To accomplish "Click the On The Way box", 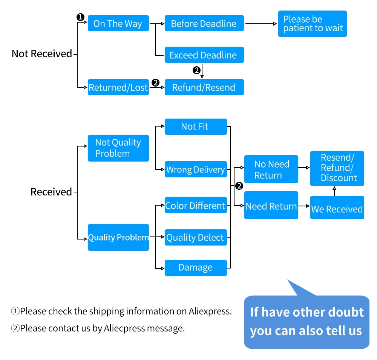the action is pos(118,23).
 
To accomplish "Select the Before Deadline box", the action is pos(204,23).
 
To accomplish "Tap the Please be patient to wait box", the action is pos(312,24).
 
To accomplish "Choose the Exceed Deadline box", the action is pos(204,55).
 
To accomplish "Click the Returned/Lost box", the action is pos(118,87).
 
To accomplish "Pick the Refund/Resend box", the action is pos(204,87).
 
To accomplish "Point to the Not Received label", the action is pos(42,53).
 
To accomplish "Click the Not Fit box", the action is pos(196,127).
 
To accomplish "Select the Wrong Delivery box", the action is pos(196,169).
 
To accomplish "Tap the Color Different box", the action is pos(196,205).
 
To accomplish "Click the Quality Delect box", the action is pos(196,238).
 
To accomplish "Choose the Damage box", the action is pos(196,268).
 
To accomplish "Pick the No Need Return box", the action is pos(271,169).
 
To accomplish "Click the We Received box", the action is pos(337,207).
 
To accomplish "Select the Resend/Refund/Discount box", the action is pos(337,168).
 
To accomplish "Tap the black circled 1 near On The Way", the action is pos(80,17).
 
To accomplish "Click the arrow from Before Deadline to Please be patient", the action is pos(261,24).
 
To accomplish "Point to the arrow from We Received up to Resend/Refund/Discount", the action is pos(334,191).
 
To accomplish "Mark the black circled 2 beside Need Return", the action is pos(239,186).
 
